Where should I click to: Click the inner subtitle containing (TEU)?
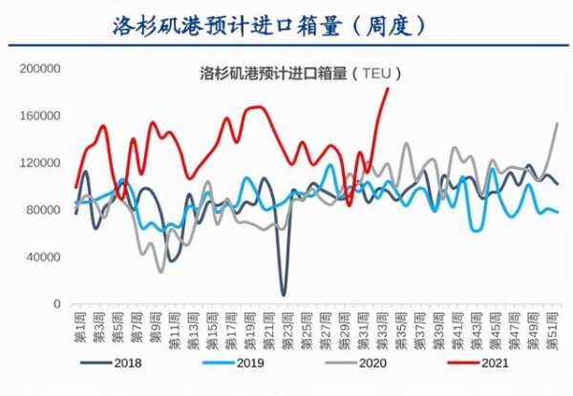pyautogui.click(x=300, y=73)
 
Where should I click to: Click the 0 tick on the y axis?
pyautogui.click(x=57, y=303)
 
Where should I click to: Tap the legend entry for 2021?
pyautogui.click(x=490, y=363)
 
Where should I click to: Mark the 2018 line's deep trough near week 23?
pyautogui.click(x=284, y=294)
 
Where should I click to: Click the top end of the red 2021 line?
pyautogui.click(x=388, y=88)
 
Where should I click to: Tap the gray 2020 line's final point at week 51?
pyautogui.click(x=559, y=123)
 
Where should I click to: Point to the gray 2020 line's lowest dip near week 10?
pyautogui.click(x=161, y=272)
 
